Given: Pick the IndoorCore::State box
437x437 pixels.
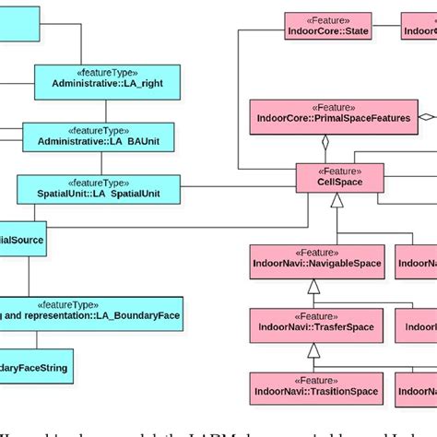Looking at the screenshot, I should pyautogui.click(x=327, y=25).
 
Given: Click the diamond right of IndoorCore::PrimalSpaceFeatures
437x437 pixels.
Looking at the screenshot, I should pyautogui.click(x=427, y=117).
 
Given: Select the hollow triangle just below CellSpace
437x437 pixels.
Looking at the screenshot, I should pyautogui.click(x=337, y=200).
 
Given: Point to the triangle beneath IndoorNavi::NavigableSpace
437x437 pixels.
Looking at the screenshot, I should pyautogui.click(x=313, y=286).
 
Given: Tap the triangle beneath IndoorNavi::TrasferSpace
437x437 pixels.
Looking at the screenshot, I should pyautogui.click(x=313, y=350).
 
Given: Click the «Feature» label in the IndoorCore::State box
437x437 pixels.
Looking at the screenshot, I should pyautogui.click(x=327, y=18).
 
